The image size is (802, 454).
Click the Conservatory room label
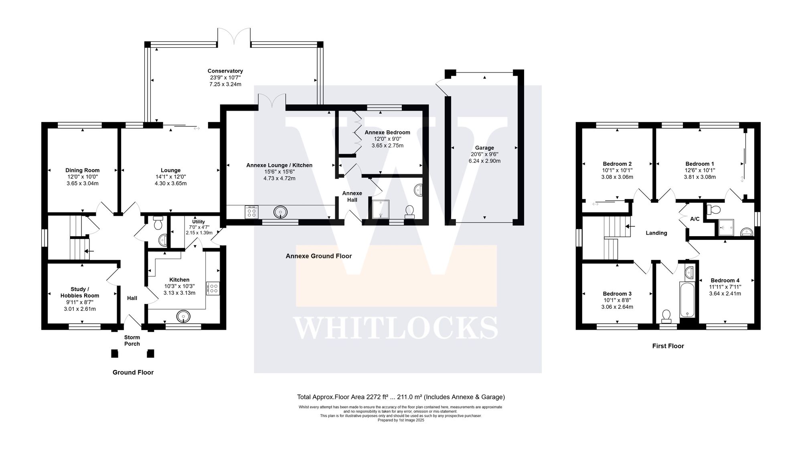tap(226, 71)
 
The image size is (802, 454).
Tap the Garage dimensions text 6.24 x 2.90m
tap(484, 161)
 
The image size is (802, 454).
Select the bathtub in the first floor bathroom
tap(687, 299)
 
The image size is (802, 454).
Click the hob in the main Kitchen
tap(213, 288)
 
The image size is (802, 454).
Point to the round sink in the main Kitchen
tap(184, 316)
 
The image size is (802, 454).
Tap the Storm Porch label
tap(132, 340)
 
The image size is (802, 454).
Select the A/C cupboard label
tap(695, 219)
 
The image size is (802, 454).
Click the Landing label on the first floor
tap(656, 233)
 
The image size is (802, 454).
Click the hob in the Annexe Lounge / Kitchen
tap(252, 212)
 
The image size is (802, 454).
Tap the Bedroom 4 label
tap(725, 280)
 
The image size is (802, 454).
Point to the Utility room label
tap(198, 222)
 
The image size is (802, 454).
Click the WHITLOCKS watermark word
tap(395, 327)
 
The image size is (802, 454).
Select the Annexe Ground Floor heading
tap(318, 256)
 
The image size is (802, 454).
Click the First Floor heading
tap(668, 346)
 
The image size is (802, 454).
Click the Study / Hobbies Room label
tap(80, 292)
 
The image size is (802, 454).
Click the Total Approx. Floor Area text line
tap(401, 397)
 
